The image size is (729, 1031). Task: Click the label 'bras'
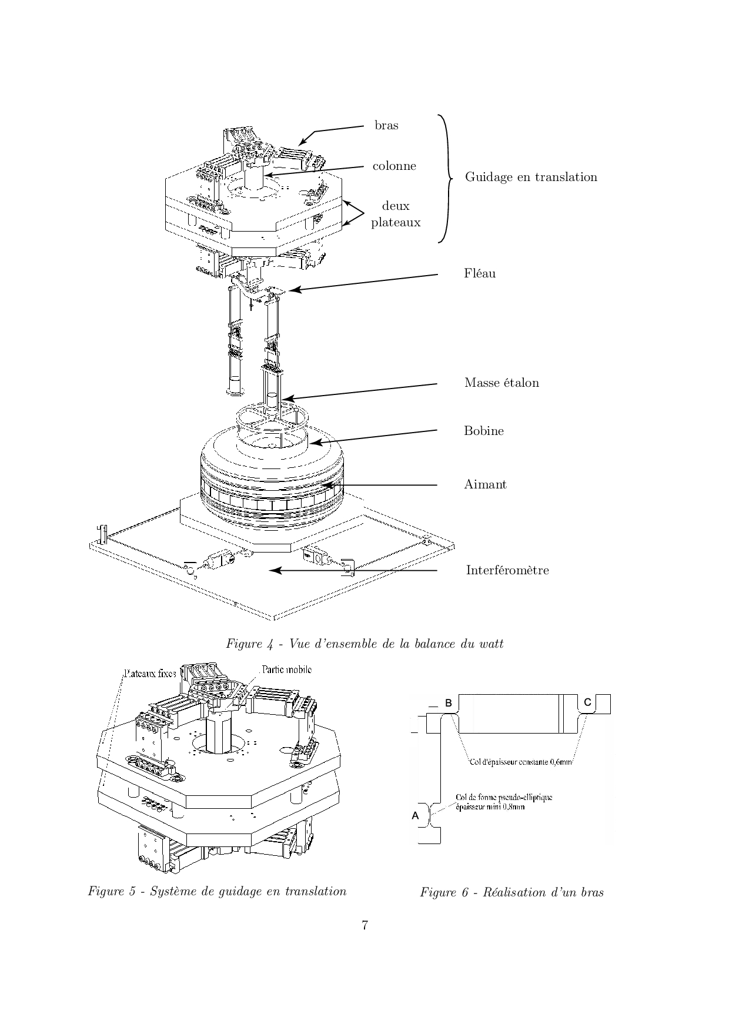click(386, 125)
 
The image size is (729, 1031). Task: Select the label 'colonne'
click(394, 166)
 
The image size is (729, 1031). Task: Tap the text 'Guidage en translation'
click(531, 177)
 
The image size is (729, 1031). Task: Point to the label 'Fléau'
click(480, 273)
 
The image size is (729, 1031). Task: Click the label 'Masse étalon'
click(501, 383)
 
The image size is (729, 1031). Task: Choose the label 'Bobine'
click(484, 431)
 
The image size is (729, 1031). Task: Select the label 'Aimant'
click(486, 484)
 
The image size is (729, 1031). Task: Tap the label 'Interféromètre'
click(507, 570)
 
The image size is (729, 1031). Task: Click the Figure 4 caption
click(364, 644)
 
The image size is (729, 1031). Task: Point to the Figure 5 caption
click(218, 891)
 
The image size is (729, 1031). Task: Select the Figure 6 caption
click(511, 892)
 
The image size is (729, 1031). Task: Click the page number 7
click(364, 925)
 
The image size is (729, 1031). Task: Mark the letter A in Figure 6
click(415, 815)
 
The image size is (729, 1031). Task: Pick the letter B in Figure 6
click(448, 703)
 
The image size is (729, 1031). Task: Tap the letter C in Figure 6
click(587, 702)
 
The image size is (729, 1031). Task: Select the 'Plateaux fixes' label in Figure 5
click(150, 674)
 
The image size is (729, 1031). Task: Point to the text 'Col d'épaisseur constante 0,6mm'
click(521, 762)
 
